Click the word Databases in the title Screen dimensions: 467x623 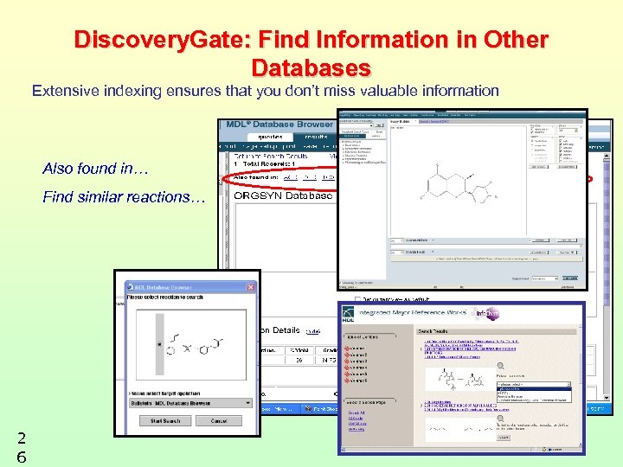pos(311,67)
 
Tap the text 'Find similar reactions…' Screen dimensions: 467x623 pos(125,197)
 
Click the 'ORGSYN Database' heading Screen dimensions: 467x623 pos(284,195)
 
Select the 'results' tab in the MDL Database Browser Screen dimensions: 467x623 pos(315,137)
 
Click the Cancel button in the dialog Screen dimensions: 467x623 pos(218,421)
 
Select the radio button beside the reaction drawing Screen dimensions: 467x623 pos(159,345)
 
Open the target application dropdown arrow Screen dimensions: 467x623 pos(248,403)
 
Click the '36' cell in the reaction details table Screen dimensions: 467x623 pos(299,360)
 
